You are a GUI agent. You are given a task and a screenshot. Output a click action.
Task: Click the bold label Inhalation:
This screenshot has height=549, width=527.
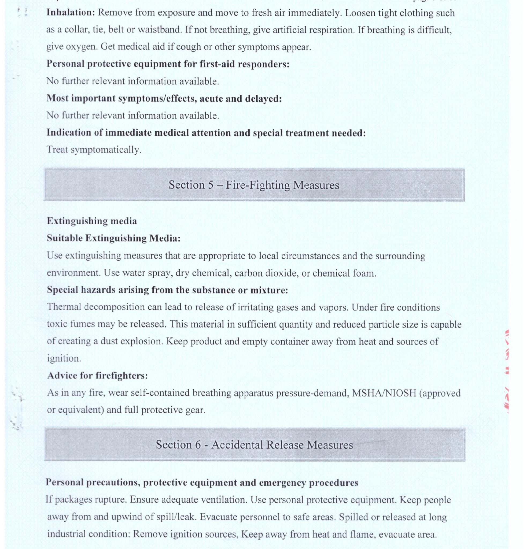click(x=71, y=13)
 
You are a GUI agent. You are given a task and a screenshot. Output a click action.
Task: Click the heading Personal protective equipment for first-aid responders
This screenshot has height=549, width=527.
click(x=168, y=64)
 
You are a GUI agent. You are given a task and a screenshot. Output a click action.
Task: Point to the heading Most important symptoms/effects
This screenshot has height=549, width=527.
click(x=164, y=98)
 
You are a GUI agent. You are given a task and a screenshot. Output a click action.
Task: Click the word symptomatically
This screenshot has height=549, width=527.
click(x=106, y=150)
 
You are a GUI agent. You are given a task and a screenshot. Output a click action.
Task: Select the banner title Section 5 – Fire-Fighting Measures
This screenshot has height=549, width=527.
click(x=254, y=185)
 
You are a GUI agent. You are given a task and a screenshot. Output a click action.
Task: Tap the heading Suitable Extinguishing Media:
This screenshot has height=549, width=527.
click(x=113, y=238)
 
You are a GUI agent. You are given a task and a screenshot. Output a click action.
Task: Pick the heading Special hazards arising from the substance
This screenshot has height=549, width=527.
click(x=167, y=290)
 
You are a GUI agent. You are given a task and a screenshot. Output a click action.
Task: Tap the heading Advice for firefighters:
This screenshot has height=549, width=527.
click(x=97, y=375)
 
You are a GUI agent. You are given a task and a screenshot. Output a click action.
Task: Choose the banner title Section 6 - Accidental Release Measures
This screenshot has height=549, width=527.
click(x=254, y=445)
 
